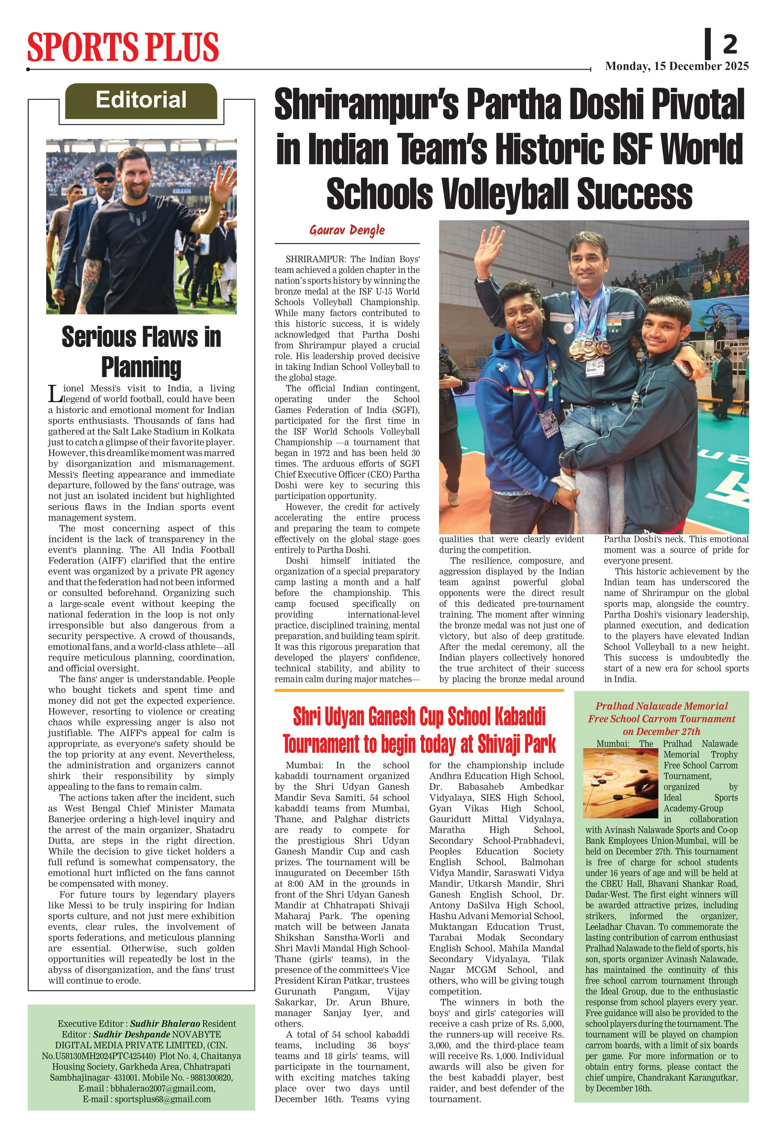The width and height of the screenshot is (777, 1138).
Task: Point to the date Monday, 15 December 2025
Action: (677, 66)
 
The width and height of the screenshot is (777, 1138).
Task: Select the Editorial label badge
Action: (141, 100)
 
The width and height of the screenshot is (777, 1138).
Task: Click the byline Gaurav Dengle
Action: (347, 230)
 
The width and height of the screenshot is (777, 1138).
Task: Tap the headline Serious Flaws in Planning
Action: (141, 352)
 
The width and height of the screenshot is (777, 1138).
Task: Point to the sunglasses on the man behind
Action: (104, 180)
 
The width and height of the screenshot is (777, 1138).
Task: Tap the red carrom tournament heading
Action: (661, 718)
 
